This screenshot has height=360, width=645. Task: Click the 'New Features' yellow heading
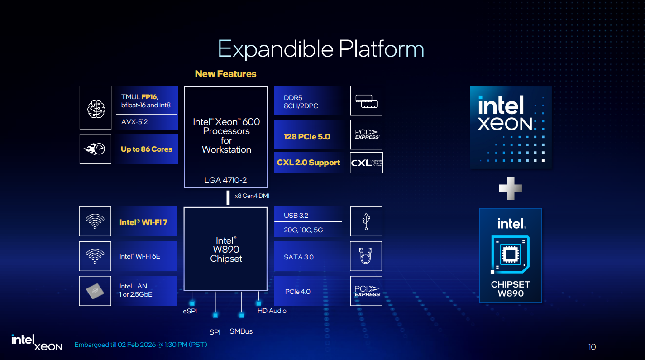coord(225,74)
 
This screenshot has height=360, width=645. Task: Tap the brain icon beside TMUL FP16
coord(96,108)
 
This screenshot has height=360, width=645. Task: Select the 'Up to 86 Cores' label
coord(147,149)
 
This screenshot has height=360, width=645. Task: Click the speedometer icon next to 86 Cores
coord(96,149)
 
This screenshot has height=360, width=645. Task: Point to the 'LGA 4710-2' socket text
coord(226,180)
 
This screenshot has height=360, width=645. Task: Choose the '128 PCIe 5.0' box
coord(307,137)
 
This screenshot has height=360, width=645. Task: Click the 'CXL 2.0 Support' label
coord(308,163)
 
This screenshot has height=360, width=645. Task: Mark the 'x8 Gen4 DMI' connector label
coord(252,196)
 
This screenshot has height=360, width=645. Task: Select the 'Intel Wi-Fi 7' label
coord(143,222)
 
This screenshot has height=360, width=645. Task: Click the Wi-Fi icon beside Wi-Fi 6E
coord(95,256)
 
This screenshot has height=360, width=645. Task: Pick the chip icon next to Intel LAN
coord(95,291)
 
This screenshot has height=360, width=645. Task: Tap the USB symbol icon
coord(366,221)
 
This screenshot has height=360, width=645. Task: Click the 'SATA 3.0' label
coord(298,257)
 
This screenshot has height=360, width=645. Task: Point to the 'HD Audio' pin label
coord(272,311)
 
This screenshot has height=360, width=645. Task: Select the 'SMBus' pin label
coord(241,331)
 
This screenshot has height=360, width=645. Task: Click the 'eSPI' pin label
coord(190,311)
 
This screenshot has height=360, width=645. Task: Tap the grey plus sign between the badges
coord(510,188)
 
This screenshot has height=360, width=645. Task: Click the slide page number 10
coord(592,347)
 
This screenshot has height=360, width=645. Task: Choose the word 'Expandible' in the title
coord(276,49)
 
